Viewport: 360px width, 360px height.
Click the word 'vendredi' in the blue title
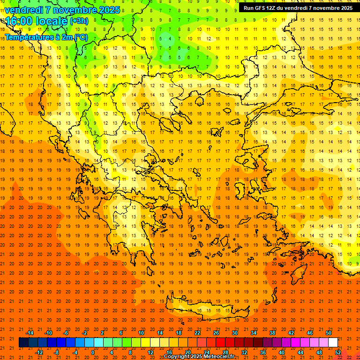click(x=24, y=10)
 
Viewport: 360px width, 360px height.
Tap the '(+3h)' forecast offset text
click(x=78, y=21)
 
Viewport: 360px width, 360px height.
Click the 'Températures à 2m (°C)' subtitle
click(x=46, y=37)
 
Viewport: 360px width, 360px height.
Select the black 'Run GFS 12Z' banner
click(x=298, y=7)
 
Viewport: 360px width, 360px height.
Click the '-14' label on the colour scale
click(x=30, y=333)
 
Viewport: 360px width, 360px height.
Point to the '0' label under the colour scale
click(x=93, y=352)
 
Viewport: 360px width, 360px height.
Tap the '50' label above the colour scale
click(x=329, y=333)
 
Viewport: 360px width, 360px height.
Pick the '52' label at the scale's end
click(x=338, y=352)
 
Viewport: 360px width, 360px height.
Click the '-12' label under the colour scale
click(x=39, y=352)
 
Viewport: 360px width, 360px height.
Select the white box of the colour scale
click(x=333, y=343)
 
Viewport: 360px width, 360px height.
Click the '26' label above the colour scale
click(x=216, y=333)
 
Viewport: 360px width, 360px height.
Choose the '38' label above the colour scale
click(x=272, y=333)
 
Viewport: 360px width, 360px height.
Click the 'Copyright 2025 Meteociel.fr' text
click(x=199, y=357)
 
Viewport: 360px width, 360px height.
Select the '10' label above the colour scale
click(x=141, y=333)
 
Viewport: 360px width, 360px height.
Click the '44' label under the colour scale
click(x=300, y=352)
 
